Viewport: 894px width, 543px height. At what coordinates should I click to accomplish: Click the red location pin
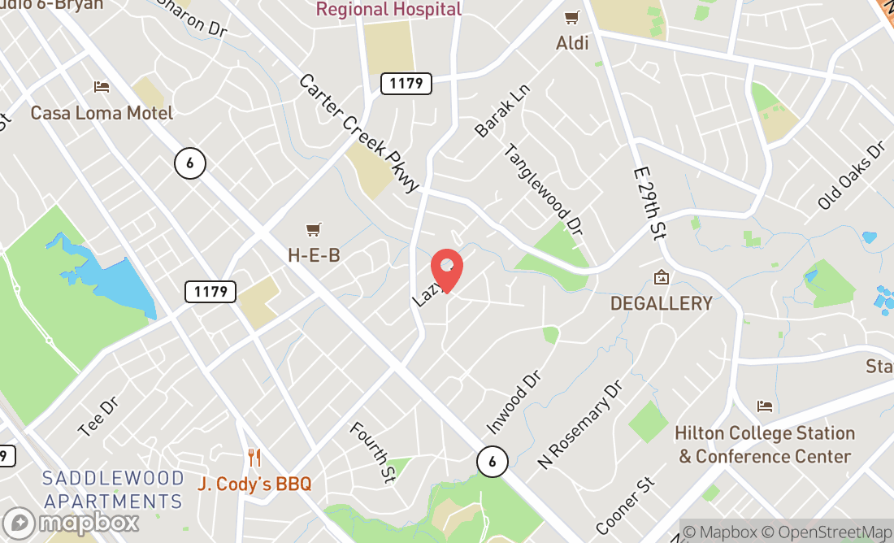446,270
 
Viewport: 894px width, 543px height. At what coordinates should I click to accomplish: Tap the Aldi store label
572,43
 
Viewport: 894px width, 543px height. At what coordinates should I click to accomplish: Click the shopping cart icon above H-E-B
314,231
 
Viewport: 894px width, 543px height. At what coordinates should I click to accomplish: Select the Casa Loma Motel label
102,112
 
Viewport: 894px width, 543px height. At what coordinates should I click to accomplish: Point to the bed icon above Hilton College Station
764,406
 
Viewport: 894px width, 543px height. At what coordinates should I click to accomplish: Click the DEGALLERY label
662,303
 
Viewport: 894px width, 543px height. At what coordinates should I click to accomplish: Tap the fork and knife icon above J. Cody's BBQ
254,458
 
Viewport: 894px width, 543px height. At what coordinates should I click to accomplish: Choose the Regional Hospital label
388,10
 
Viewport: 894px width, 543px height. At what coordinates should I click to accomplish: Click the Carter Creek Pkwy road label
358,132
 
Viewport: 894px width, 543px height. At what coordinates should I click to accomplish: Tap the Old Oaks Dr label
851,176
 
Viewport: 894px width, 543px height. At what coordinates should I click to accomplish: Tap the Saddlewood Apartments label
112,489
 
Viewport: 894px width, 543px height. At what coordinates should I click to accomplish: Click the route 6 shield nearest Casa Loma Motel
189,163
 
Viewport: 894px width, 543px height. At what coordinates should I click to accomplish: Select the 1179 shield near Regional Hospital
406,83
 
